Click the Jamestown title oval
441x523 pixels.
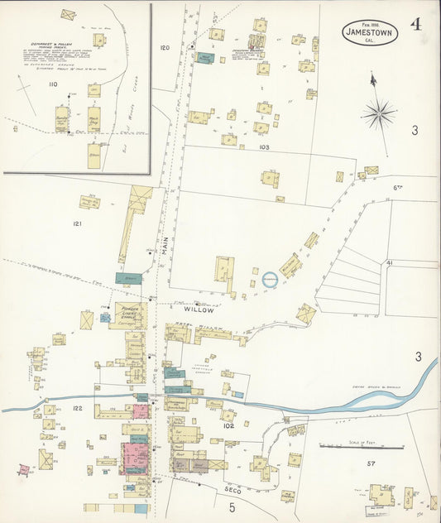pyautogui.click(x=370, y=31)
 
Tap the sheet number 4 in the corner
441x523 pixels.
pyautogui.click(x=415, y=24)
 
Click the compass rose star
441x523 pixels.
pyautogui.click(x=378, y=113)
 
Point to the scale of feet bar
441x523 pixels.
pyautogui.click(x=362, y=448)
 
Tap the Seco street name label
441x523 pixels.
pyautogui.click(x=233, y=490)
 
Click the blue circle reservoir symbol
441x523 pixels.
pyautogui.click(x=271, y=280)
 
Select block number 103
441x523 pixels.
pyautogui.click(x=264, y=146)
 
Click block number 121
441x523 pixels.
pyautogui.click(x=78, y=224)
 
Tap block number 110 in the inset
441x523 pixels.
pyautogui.click(x=53, y=84)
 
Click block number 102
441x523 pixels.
pyautogui.click(x=228, y=426)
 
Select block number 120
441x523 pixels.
pyautogui.click(x=164, y=48)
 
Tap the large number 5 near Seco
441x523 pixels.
pyautogui.click(x=232, y=506)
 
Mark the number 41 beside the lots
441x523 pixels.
pyautogui.click(x=389, y=262)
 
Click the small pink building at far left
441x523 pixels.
pyautogui.click(x=24, y=469)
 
